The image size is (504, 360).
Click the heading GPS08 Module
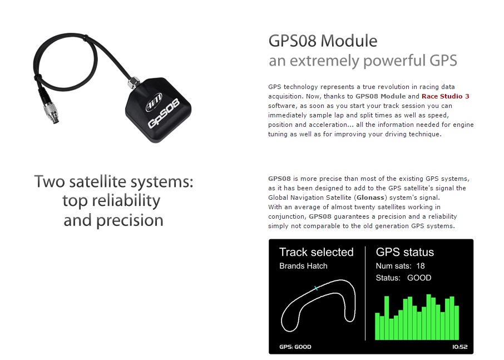click(x=323, y=41)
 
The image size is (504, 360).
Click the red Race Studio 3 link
click(x=445, y=96)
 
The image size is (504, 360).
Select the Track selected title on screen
click(x=316, y=252)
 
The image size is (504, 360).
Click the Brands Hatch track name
click(x=303, y=266)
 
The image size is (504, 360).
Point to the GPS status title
click(x=404, y=252)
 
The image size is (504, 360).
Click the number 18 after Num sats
click(x=421, y=266)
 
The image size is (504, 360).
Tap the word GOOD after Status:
click(x=419, y=278)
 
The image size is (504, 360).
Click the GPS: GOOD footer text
click(x=295, y=347)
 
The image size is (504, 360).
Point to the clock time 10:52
click(x=459, y=347)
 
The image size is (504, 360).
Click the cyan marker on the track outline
click(x=316, y=288)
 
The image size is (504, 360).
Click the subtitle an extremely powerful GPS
click(x=363, y=61)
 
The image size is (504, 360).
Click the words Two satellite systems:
click(x=113, y=181)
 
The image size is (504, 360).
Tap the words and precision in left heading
click(x=113, y=220)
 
